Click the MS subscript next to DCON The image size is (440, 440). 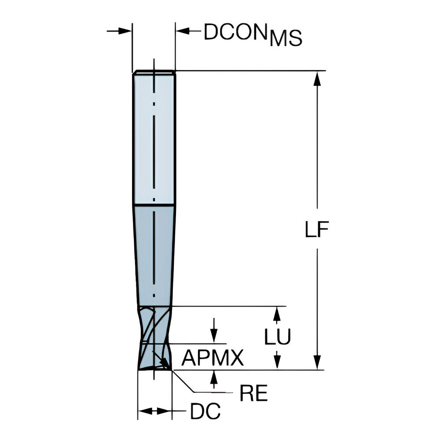[x=286, y=39]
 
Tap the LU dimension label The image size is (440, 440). [x=278, y=338]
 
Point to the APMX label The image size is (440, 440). [x=213, y=359]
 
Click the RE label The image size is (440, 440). [x=253, y=394]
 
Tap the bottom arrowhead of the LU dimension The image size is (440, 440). [x=277, y=363]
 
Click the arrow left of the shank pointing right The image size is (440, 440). [x=125, y=31]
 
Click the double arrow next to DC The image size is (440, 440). [x=154, y=411]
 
